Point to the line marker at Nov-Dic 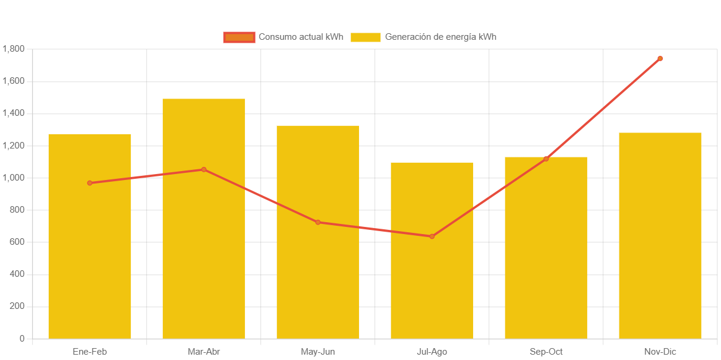pos(660,58)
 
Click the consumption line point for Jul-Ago pos(432,236)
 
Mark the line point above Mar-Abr pos(204,169)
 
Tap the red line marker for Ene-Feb pos(90,183)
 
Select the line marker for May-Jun pos(318,222)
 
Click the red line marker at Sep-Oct pos(546,159)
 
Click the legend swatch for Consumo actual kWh pos(239,37)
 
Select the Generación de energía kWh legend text pos(440,37)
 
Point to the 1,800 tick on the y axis pos(13,49)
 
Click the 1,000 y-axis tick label pos(13,178)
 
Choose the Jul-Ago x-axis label pos(432,352)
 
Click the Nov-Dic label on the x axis pos(660,352)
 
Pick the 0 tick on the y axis pos(22,338)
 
